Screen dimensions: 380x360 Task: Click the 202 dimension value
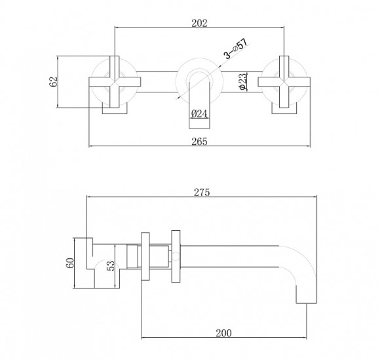(199, 24)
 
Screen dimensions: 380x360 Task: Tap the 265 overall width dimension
(199, 142)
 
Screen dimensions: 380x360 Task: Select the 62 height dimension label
(53, 81)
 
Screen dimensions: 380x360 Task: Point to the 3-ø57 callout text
(236, 49)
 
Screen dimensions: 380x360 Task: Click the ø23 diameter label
(242, 81)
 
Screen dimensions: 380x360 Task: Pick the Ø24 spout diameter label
(199, 113)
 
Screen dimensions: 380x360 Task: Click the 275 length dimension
(202, 192)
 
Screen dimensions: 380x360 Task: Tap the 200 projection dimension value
(223, 333)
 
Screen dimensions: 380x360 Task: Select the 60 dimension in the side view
(70, 263)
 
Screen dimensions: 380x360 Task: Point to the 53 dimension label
(110, 266)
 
